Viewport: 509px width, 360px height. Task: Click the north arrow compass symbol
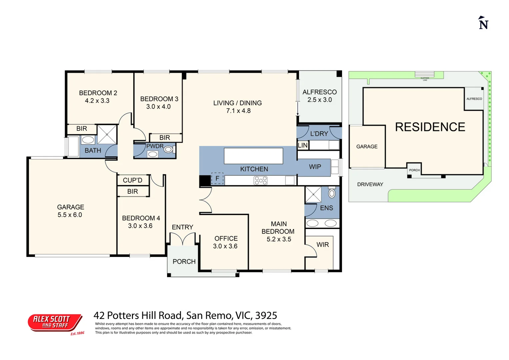click(483, 23)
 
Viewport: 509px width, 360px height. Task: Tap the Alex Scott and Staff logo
click(55, 322)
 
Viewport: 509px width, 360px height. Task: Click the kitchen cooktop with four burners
click(260, 180)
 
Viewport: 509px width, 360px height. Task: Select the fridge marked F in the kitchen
click(217, 179)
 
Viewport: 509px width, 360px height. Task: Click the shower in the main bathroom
click(107, 134)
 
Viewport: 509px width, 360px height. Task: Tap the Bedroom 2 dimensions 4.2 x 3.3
click(97, 101)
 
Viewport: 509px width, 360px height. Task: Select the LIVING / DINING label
click(237, 103)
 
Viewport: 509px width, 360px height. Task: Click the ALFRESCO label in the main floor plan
click(319, 92)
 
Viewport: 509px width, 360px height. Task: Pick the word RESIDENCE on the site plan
click(430, 127)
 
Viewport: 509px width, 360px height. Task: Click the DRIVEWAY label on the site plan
click(370, 184)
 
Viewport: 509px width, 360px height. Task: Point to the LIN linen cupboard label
click(303, 145)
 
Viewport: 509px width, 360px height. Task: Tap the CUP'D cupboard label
click(132, 180)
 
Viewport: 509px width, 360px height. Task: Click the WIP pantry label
click(315, 167)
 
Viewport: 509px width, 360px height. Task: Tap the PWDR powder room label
click(155, 146)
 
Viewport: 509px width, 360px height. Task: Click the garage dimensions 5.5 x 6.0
click(70, 215)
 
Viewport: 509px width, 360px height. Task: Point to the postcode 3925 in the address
click(266, 315)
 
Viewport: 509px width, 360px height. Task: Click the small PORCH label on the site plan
click(414, 170)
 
